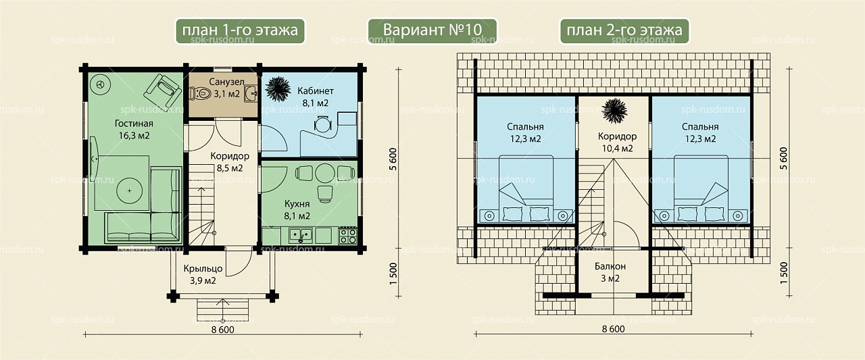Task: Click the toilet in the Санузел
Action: click(x=199, y=93)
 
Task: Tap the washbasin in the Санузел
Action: click(x=251, y=94)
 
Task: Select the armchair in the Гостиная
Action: click(x=163, y=91)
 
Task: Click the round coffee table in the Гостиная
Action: click(x=129, y=190)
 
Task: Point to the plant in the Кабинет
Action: click(x=278, y=89)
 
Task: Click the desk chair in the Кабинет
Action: click(x=322, y=124)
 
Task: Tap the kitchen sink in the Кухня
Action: click(x=301, y=235)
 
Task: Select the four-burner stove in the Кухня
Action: click(x=347, y=236)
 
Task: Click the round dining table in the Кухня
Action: click(x=325, y=173)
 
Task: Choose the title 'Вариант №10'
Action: click(x=432, y=30)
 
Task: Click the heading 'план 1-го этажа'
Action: click(x=240, y=30)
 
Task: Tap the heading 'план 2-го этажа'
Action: click(x=624, y=30)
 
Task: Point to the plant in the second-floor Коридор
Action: click(x=614, y=111)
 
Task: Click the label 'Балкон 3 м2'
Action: click(x=610, y=272)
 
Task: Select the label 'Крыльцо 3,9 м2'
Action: click(x=203, y=274)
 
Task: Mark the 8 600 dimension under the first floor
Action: click(x=223, y=330)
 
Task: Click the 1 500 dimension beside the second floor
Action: click(x=783, y=273)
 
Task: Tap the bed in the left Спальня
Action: click(x=526, y=189)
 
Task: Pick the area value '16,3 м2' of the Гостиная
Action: click(x=134, y=136)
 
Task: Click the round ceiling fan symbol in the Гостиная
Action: click(x=102, y=84)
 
